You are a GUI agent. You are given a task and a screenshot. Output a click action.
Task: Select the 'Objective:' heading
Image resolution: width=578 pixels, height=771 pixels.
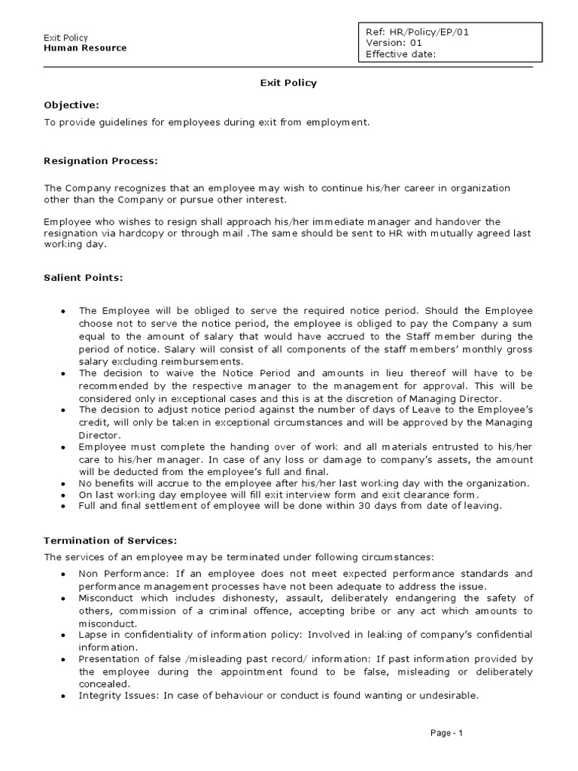(71, 105)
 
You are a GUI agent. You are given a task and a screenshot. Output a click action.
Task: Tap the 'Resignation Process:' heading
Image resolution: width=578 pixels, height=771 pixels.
(101, 161)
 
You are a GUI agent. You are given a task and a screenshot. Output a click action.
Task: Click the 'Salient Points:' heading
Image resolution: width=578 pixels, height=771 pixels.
(83, 278)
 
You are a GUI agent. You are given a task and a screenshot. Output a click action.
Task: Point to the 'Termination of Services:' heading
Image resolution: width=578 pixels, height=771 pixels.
(110, 541)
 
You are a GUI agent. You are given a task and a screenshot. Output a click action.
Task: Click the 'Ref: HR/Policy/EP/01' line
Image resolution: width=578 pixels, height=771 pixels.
(418, 32)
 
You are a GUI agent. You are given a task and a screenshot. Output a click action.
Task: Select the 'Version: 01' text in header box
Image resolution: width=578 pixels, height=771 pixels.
(394, 43)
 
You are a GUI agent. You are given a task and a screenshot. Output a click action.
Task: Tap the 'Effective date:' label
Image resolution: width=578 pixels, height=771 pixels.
(401, 54)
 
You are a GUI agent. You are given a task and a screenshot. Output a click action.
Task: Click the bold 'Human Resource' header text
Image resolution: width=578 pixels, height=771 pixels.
(85, 48)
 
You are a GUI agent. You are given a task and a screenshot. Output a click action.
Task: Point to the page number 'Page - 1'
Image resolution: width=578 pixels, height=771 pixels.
(447, 733)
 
